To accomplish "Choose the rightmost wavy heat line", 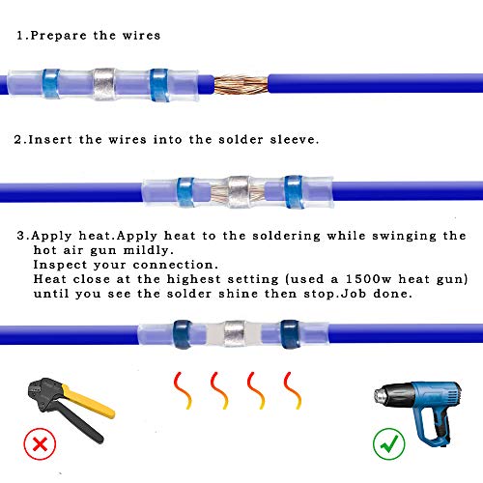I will (288, 389).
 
